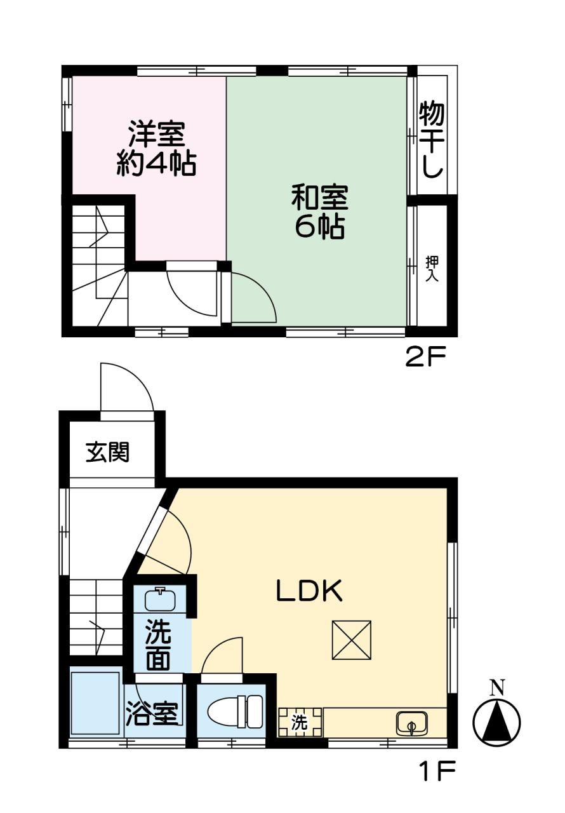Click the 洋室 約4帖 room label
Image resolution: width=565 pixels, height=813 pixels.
point(156,148)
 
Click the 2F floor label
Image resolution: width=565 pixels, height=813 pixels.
point(426,358)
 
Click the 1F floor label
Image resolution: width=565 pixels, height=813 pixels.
point(437,772)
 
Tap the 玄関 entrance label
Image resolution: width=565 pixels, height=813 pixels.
point(108,452)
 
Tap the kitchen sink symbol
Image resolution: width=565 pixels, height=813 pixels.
point(411,723)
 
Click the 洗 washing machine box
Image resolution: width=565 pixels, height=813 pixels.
point(300,722)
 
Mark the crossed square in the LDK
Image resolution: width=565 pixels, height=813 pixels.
point(351,640)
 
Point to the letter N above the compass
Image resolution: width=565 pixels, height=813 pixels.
point(498,687)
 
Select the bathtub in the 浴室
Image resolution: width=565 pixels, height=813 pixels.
point(96,702)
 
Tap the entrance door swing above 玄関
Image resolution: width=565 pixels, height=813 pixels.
point(127,387)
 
